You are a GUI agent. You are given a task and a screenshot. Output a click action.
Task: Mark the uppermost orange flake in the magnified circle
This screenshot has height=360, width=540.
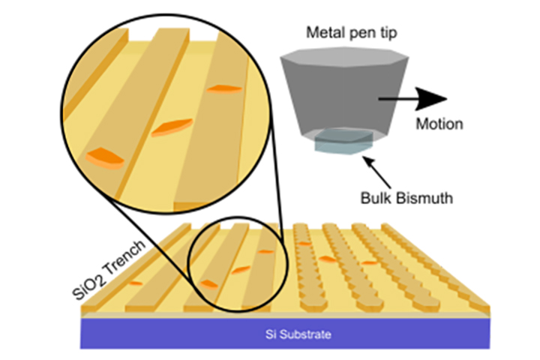[224, 89]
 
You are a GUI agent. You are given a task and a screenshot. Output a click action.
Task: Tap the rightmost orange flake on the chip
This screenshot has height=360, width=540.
[368, 262]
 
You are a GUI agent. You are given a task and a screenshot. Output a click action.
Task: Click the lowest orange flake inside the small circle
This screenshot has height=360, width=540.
[209, 284]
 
